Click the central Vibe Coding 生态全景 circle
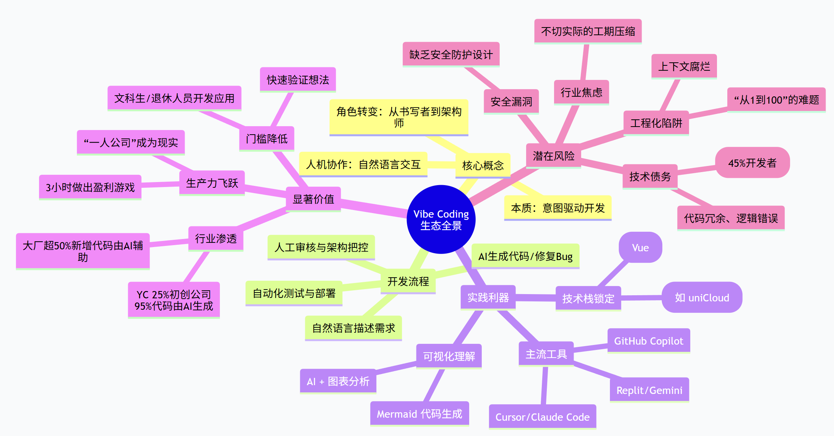pos(441,220)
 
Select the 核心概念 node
pos(483,166)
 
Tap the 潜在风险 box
pos(553,156)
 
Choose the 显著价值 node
pos(313,199)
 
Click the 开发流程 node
pos(408,281)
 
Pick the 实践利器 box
pos(488,297)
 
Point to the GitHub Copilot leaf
pos(649,341)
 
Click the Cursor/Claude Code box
pos(542,416)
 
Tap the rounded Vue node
pos(640,247)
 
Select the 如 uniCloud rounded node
pos(702,298)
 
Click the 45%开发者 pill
pos(752,163)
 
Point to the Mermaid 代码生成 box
pos(419,414)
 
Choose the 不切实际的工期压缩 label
pos(588,31)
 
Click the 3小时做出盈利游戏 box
pos(90,187)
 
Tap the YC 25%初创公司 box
pos(174,300)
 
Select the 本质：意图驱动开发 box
pos(558,208)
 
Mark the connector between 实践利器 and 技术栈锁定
pos(535,298)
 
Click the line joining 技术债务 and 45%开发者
pos(696,170)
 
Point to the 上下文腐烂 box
pos(684,67)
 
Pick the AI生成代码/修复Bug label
pos(525,256)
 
